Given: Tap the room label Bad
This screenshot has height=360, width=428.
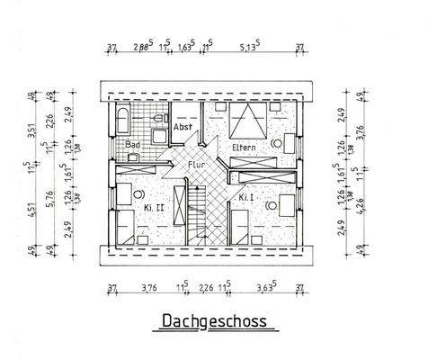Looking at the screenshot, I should point(133,144).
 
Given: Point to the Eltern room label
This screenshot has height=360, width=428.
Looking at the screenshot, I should point(245,147).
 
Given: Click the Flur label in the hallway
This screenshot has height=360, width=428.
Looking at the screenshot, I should point(199,165).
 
